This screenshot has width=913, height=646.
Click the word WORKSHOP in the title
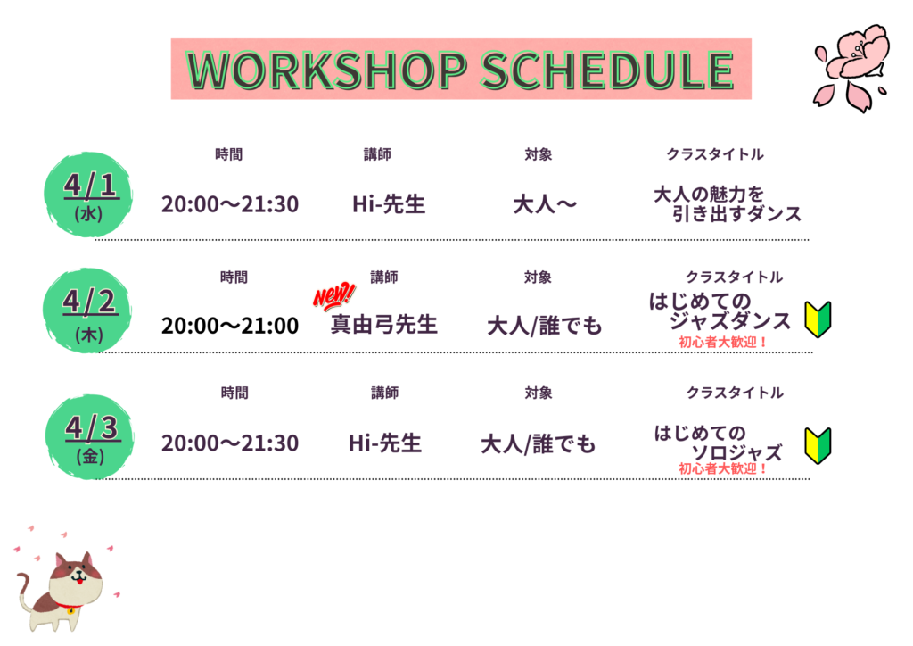[x=326, y=70]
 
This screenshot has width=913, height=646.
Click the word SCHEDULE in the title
[x=607, y=70]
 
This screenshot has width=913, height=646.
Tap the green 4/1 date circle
[x=88, y=195]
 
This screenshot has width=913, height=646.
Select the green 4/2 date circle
[x=88, y=311]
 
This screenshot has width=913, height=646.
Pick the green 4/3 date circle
[x=90, y=437]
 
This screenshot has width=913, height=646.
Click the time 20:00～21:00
[x=230, y=326]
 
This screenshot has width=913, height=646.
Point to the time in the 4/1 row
[x=230, y=204]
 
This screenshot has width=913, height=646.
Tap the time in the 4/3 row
[x=230, y=443]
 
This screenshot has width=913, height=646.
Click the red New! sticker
[x=333, y=296]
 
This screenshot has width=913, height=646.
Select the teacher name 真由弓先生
[x=384, y=325]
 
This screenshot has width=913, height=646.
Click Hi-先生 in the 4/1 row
[x=389, y=204]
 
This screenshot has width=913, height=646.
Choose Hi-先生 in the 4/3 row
[x=385, y=443]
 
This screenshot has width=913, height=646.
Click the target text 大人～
[x=545, y=204]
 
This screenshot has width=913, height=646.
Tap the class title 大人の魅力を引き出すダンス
[x=728, y=203]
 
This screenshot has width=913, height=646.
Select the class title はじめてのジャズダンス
[x=720, y=311]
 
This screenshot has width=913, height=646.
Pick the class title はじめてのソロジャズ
[x=718, y=443]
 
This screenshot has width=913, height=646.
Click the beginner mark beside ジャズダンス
[x=818, y=319]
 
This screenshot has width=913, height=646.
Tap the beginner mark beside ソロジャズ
[x=818, y=445]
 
